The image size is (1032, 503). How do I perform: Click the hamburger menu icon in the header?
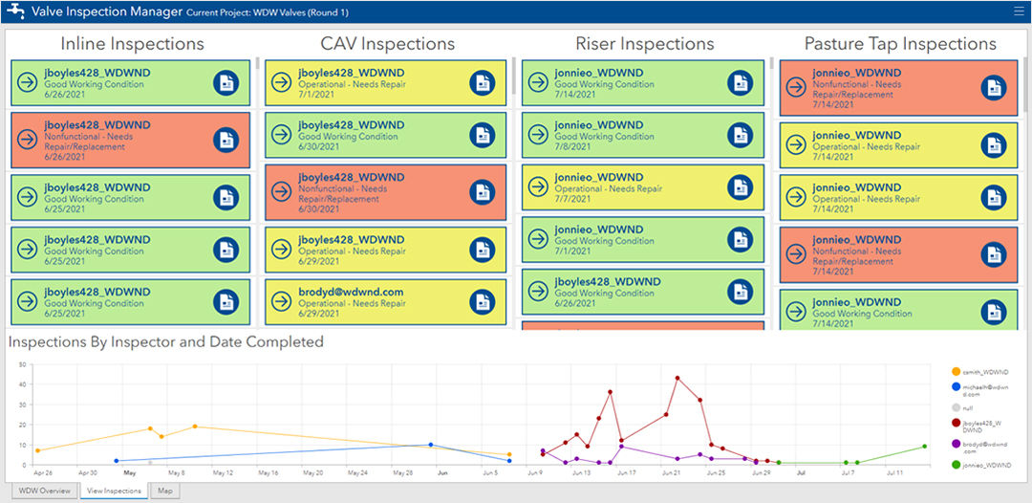point(1018,11)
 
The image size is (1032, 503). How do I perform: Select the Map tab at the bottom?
point(165,491)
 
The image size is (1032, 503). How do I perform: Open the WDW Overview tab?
point(45,491)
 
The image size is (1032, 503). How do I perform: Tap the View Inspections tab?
point(113,491)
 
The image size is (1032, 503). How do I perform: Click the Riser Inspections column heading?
point(644,44)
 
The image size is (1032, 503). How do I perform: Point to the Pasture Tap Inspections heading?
point(899,44)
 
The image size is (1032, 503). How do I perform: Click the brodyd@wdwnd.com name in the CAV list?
point(351,292)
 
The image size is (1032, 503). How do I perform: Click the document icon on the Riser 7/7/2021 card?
point(741,186)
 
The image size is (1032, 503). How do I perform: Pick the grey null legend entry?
point(967,407)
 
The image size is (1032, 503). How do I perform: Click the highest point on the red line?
point(677,378)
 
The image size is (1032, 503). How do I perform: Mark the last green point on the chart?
point(925,447)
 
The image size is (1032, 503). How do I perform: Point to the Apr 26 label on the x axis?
point(43,472)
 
